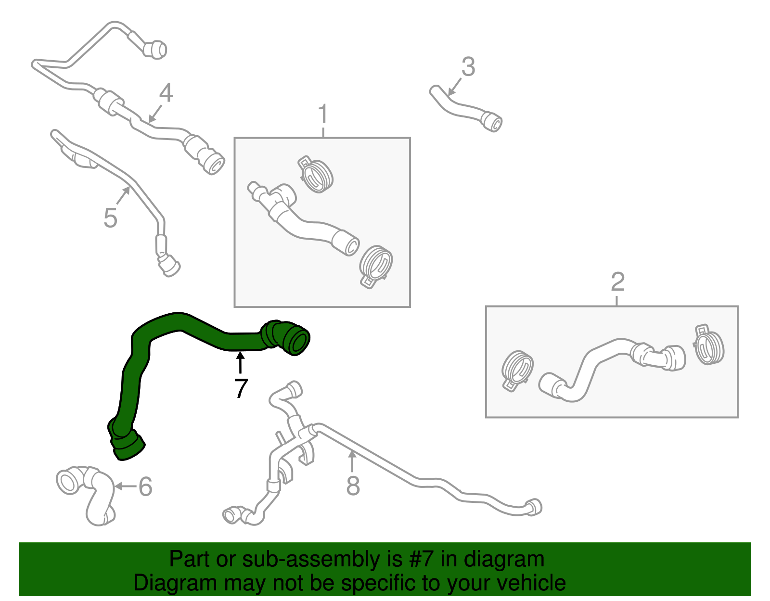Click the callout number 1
click(x=322, y=114)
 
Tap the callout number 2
click(x=617, y=282)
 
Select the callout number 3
click(x=468, y=66)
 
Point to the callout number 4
click(x=166, y=92)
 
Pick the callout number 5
click(x=110, y=218)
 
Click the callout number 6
click(x=145, y=486)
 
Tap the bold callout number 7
click(x=241, y=388)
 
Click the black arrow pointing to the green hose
click(x=240, y=362)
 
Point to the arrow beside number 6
click(x=126, y=486)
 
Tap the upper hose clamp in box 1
click(x=315, y=174)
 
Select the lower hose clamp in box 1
click(x=375, y=266)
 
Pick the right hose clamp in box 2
click(x=708, y=345)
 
